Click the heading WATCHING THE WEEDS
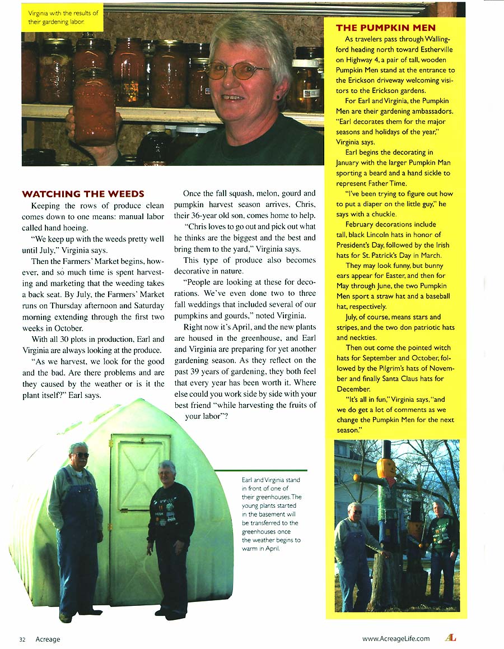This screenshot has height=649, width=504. (x=83, y=194)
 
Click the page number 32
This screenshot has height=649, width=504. (x=22, y=639)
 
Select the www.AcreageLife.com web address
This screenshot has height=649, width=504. (x=396, y=638)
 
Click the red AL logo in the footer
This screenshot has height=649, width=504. (x=450, y=638)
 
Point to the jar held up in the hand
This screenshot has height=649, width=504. (x=94, y=106)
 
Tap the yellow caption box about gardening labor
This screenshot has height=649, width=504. (x=62, y=17)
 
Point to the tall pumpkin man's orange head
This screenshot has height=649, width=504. (x=386, y=468)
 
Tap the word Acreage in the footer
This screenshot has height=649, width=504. (x=48, y=639)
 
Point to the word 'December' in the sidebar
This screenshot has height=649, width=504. (x=353, y=389)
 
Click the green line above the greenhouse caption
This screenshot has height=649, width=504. (x=269, y=470)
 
